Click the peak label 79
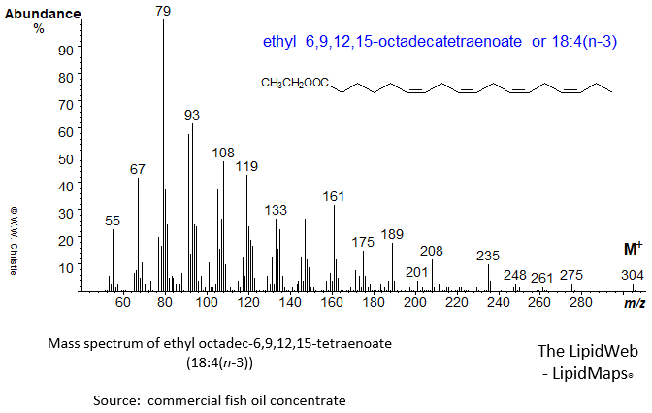tap(163, 10)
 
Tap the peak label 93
tap(192, 115)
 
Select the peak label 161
tap(334, 196)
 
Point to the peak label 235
tap(488, 255)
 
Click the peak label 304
tap(632, 276)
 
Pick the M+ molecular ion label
tap(632, 249)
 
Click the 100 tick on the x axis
tap(207, 303)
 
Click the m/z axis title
tap(636, 304)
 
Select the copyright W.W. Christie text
tap(15, 239)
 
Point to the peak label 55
tap(113, 222)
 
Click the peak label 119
tap(246, 166)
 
